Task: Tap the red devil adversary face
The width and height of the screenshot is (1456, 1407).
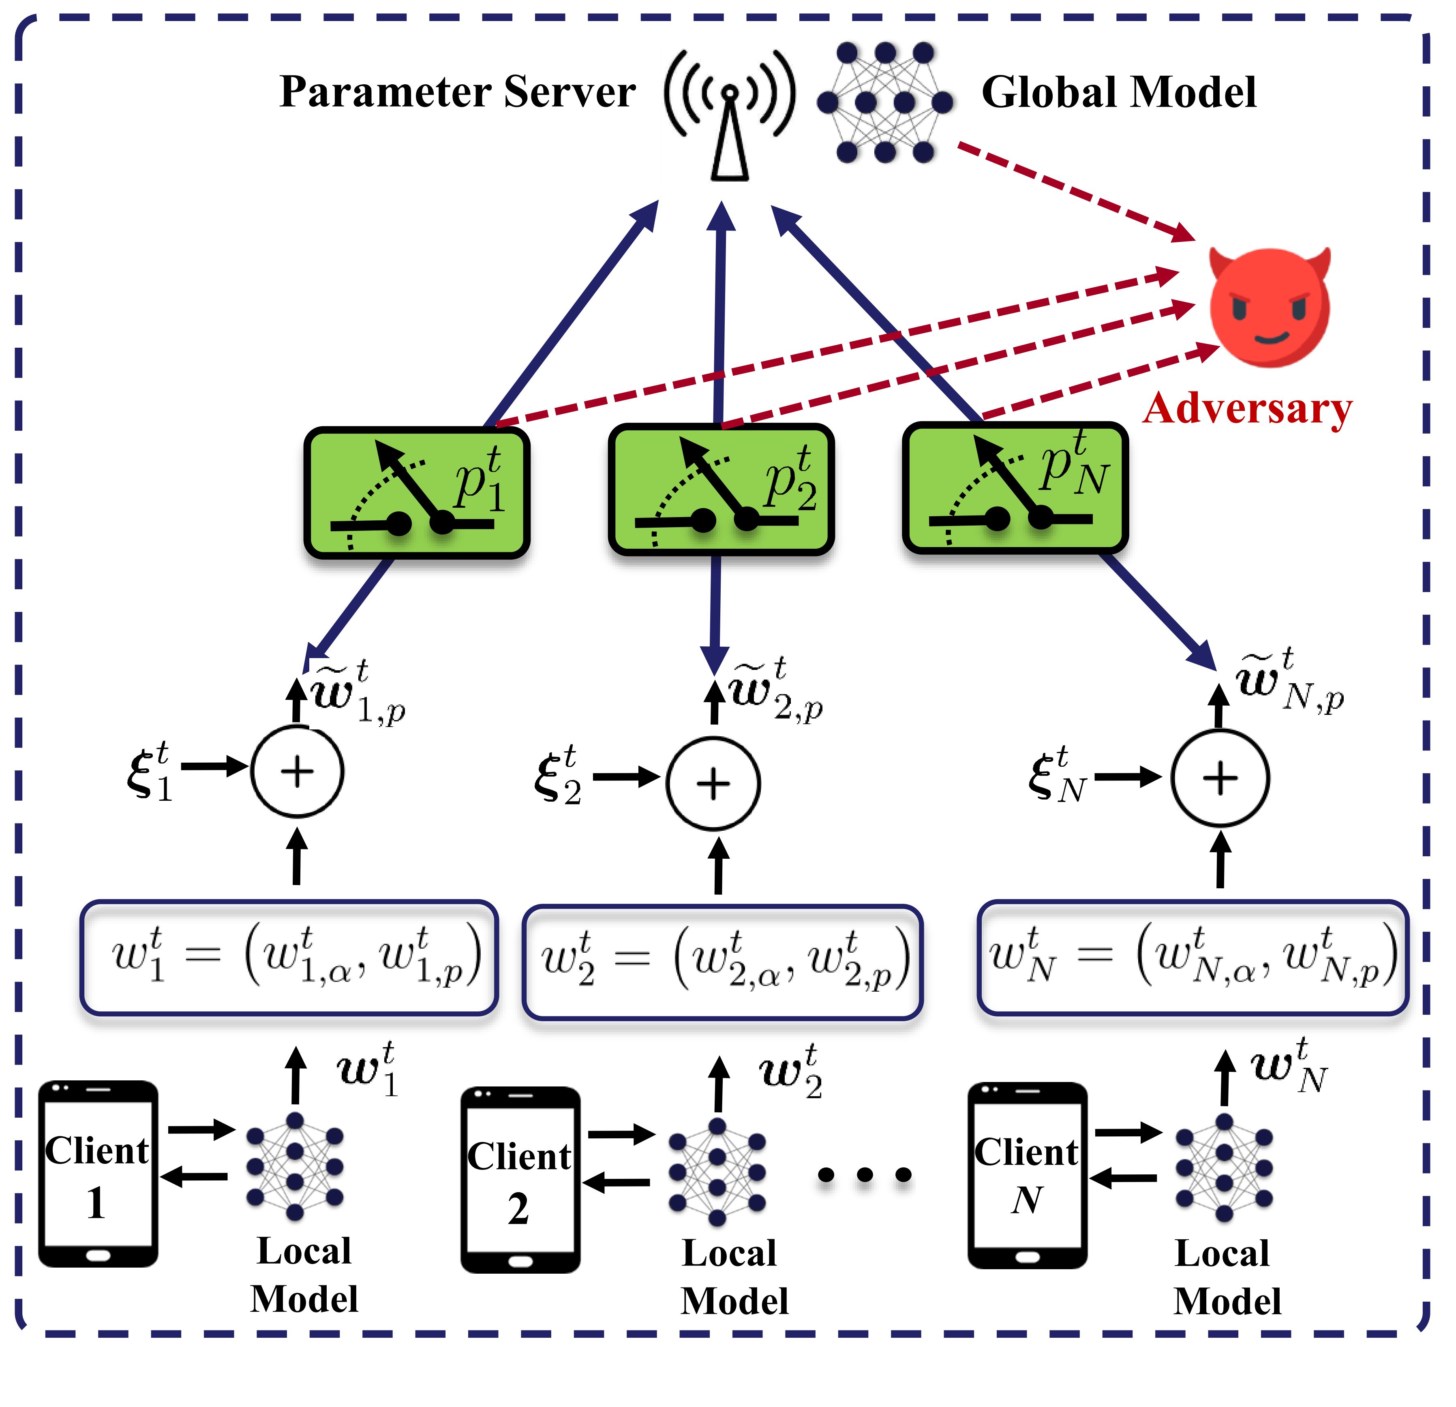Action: [x=1269, y=307]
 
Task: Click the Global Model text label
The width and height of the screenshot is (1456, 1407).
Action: [x=1118, y=93]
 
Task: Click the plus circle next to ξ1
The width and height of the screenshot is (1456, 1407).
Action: [x=297, y=772]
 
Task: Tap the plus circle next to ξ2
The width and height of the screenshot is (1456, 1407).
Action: [x=713, y=783]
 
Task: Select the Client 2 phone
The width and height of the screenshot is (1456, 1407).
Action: [x=520, y=1180]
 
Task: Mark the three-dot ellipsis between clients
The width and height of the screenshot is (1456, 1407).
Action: [x=864, y=1175]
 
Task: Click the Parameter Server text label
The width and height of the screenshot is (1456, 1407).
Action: [x=457, y=93]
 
